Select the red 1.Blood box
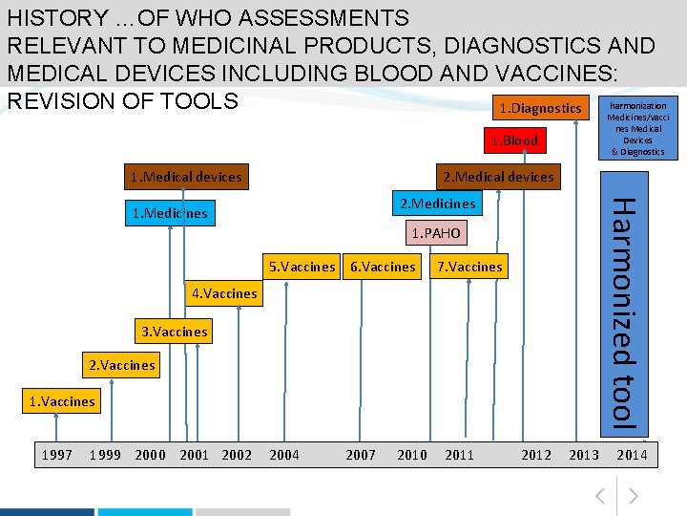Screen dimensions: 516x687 tap(514, 140)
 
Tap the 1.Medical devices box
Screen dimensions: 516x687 tap(185, 176)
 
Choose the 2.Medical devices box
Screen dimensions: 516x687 tap(497, 176)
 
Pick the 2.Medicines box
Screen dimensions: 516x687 tap(436, 204)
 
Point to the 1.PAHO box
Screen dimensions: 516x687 tap(435, 233)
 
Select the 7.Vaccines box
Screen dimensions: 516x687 tap(468, 267)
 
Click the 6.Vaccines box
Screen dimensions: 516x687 tap(383, 267)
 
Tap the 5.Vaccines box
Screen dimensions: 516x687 tap(302, 267)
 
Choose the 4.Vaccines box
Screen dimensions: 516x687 tap(224, 293)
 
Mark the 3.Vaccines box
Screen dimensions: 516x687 tap(174, 332)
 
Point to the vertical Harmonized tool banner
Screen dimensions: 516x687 tap(623, 306)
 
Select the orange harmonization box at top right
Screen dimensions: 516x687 tap(637, 127)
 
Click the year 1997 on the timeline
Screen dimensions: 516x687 tap(57, 455)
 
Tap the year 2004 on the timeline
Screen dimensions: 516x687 tap(283, 455)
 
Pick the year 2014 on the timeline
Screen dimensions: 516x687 tap(631, 455)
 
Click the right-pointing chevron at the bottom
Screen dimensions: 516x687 tap(633, 496)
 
